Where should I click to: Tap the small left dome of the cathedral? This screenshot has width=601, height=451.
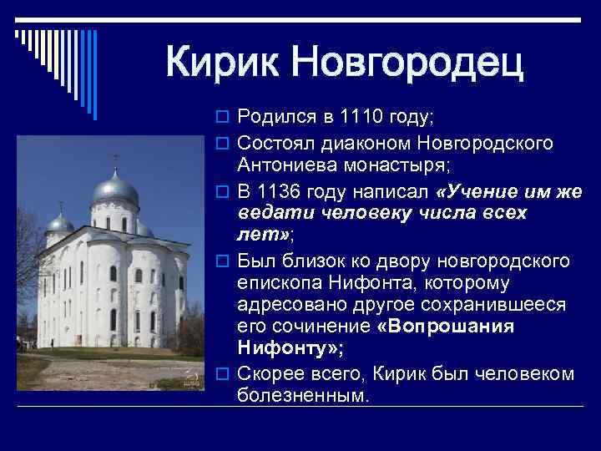60,221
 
